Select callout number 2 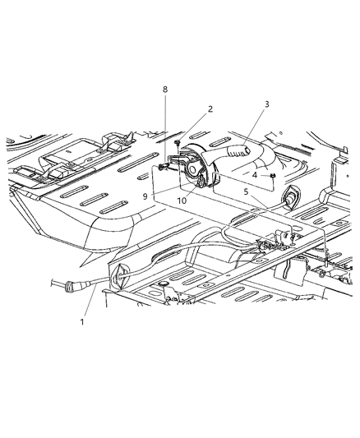(187, 108)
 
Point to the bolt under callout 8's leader (163, 167)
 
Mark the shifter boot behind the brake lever (287, 152)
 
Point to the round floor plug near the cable (164, 284)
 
